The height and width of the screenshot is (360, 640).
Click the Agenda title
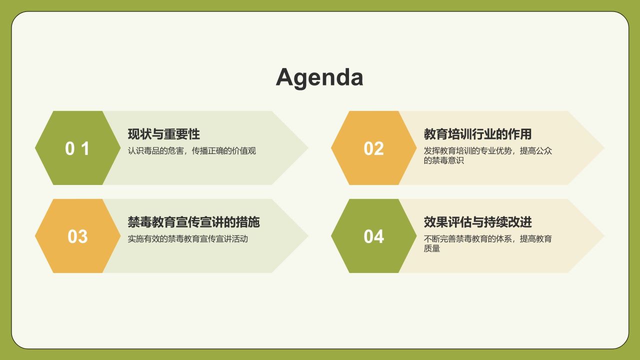319,77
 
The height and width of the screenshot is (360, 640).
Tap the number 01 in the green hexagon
77,148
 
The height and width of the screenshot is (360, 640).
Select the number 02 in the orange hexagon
373,148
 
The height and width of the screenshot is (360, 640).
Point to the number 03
77,236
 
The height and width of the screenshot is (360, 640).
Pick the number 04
373,236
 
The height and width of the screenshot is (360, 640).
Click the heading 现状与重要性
163,134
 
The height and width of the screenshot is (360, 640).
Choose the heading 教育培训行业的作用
477,134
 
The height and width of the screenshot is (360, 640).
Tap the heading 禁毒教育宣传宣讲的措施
193,222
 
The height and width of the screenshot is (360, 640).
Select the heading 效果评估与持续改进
477,222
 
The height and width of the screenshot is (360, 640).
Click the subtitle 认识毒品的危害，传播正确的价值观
191,151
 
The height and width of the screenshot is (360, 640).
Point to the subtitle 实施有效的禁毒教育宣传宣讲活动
187,239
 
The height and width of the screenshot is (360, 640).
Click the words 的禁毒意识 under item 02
443,160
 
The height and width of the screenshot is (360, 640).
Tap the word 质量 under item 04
431,248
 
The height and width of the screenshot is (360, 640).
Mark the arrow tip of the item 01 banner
308,148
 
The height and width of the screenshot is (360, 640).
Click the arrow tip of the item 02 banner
604,148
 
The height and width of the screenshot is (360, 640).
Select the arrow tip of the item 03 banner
308,236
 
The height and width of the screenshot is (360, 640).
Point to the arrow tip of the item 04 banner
604,236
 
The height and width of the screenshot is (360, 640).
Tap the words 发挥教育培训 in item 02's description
447,151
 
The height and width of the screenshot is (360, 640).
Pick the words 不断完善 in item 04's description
439,239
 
